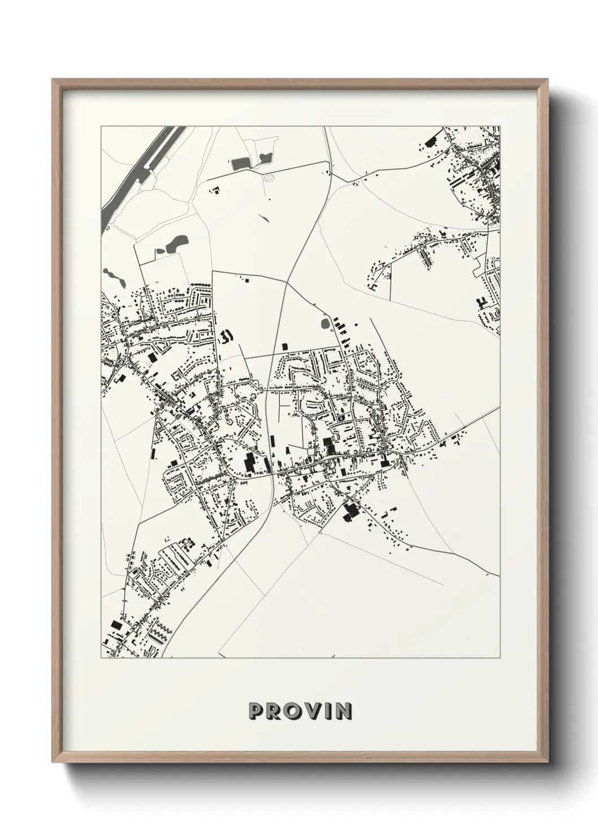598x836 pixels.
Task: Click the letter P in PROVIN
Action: pyautogui.click(x=255, y=711)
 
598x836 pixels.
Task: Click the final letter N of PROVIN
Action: pyautogui.click(x=344, y=711)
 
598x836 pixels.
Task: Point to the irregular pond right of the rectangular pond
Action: pyautogui.click(x=265, y=158)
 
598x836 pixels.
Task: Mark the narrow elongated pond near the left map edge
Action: pyautogui.click(x=113, y=277)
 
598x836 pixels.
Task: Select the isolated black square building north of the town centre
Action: pyautogui.click(x=284, y=345)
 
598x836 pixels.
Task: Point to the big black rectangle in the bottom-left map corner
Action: pyautogui.click(x=117, y=625)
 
